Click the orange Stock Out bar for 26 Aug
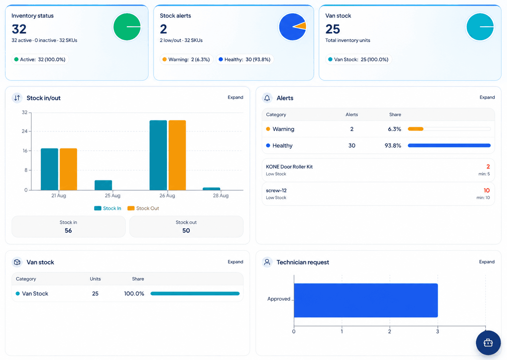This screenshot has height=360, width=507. [x=177, y=155]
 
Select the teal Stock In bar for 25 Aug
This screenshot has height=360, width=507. [x=103, y=185]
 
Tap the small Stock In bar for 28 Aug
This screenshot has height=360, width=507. [x=211, y=189]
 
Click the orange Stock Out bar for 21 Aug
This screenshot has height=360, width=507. [x=68, y=169]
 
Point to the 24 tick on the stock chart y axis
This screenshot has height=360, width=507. [x=25, y=131]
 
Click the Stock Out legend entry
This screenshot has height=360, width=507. [x=143, y=208]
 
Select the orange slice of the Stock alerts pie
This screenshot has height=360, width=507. [x=301, y=26]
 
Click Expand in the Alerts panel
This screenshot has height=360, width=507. [x=487, y=97]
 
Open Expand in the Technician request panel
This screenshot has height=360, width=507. [x=487, y=262]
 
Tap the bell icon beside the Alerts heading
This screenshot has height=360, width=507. [x=267, y=98]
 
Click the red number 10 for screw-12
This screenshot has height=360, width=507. [x=487, y=190]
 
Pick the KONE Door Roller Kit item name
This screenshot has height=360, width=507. [x=289, y=167]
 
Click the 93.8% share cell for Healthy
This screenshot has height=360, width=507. [x=393, y=145]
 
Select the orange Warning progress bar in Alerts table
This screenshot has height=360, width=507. [x=416, y=129]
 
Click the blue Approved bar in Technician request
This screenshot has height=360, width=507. [x=366, y=300]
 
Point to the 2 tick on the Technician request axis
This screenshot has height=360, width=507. [x=389, y=331]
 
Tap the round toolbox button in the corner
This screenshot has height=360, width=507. [x=488, y=343]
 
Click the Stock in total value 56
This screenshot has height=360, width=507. [x=68, y=231]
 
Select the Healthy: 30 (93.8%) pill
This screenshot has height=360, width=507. [x=245, y=60]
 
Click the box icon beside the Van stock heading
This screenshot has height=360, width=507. [x=17, y=262]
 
